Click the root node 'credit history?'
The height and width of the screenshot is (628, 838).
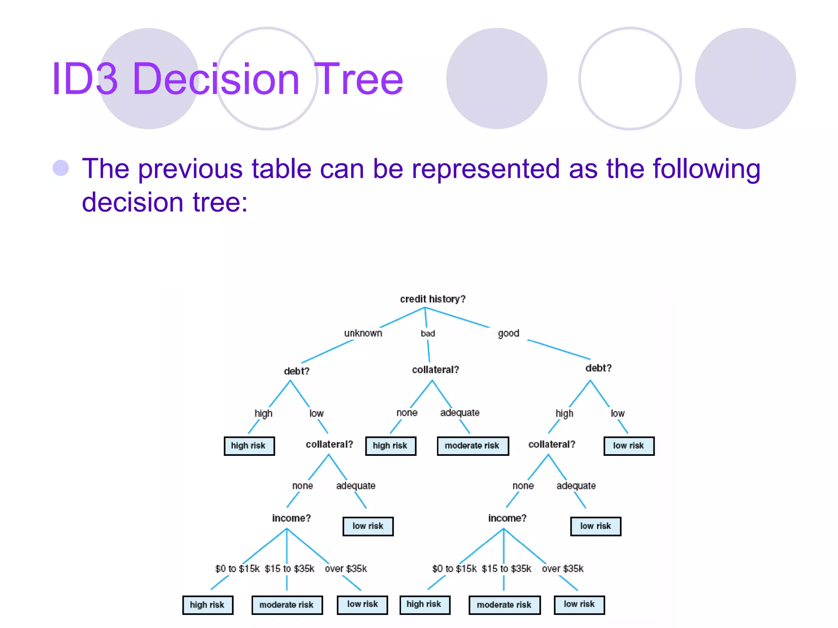click(433, 299)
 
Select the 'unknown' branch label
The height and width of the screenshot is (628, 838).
click(363, 333)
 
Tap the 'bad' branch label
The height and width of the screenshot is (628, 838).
click(428, 334)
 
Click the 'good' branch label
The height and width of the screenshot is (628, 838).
click(508, 333)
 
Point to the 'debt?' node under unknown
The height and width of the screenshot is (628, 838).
click(297, 371)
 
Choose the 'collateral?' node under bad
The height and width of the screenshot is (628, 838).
click(435, 370)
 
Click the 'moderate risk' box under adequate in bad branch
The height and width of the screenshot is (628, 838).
click(472, 446)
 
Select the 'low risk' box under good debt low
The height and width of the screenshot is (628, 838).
click(628, 446)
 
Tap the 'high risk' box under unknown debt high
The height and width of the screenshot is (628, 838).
click(249, 446)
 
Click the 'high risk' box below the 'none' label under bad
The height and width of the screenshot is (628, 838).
click(390, 446)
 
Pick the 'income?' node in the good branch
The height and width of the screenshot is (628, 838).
click(507, 518)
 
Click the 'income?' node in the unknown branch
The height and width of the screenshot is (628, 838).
click(291, 518)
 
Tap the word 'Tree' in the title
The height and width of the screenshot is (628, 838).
click(360, 79)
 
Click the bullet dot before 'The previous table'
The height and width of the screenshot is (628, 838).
click(61, 168)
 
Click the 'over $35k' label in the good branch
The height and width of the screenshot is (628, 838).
click(563, 569)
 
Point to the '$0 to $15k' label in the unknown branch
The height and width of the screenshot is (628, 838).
click(237, 569)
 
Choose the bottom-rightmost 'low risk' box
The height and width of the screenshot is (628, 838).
click(579, 604)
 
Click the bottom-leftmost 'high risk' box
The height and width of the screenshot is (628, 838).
click(207, 605)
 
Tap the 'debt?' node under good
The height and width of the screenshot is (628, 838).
click(598, 368)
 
